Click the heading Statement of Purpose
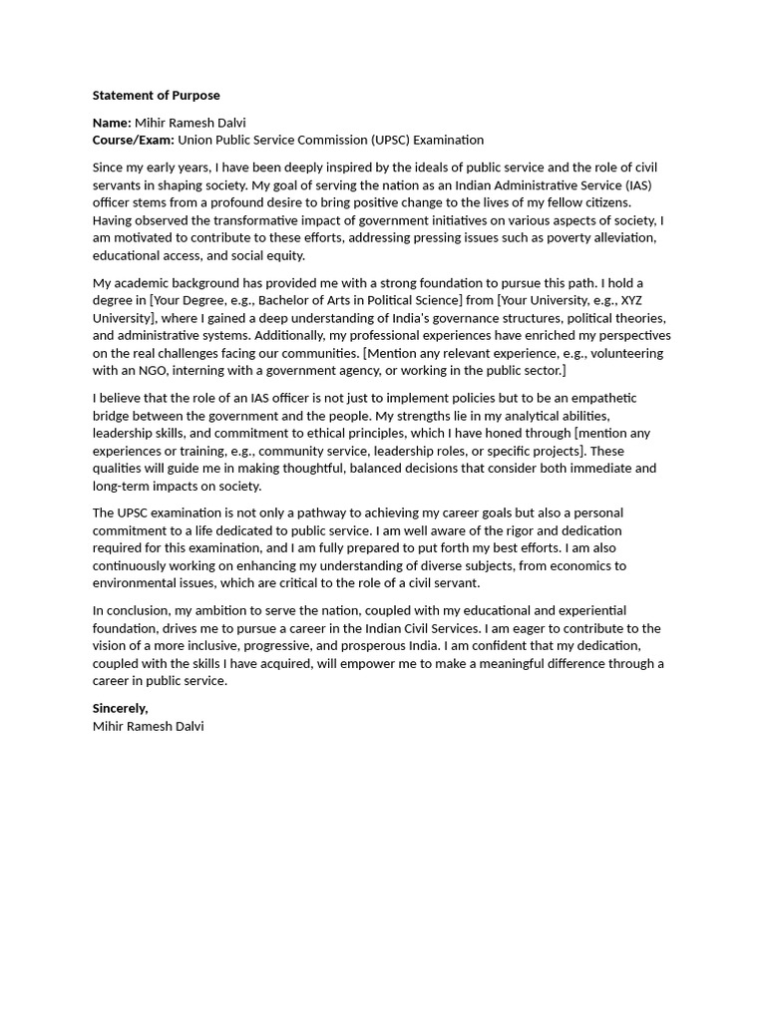tap(156, 96)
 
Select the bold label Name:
tap(112, 123)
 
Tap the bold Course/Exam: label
tap(133, 140)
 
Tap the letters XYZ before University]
tap(631, 300)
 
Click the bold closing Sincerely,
tap(120, 708)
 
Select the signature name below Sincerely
tap(148, 726)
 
